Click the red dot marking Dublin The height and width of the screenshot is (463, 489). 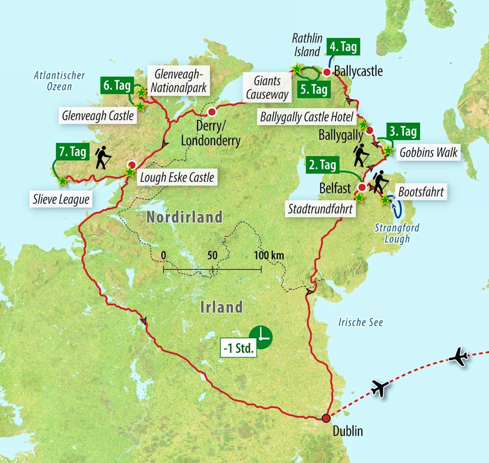pos(326,418)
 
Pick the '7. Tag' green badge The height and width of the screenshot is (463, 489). pos(71,152)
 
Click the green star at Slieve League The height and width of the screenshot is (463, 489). pos(63,181)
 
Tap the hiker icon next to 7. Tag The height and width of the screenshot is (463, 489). pos(103,159)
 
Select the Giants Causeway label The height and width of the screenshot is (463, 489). pos(267,87)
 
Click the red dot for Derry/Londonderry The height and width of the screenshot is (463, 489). pos(212,112)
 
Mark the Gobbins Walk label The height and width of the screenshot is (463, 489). pos(428,152)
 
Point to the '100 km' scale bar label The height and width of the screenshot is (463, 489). pos(268,255)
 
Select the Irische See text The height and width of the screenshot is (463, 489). pos(360,322)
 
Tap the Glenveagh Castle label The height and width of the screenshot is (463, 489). pos(98,116)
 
